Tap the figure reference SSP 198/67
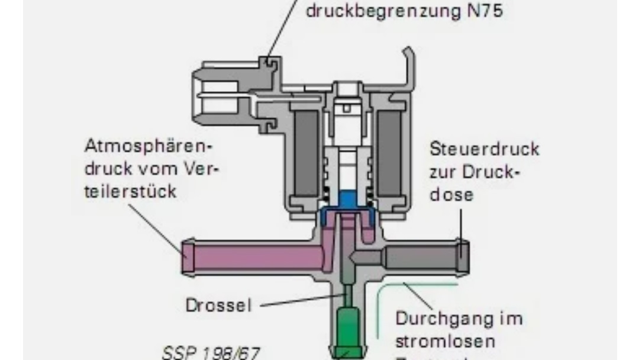(211, 353)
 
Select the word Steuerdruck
(485, 148)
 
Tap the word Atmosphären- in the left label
(148, 146)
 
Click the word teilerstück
(130, 192)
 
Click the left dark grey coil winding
(306, 152)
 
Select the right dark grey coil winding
(389, 152)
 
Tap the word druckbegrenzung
(378, 11)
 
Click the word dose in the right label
(451, 194)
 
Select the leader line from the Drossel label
(302, 302)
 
